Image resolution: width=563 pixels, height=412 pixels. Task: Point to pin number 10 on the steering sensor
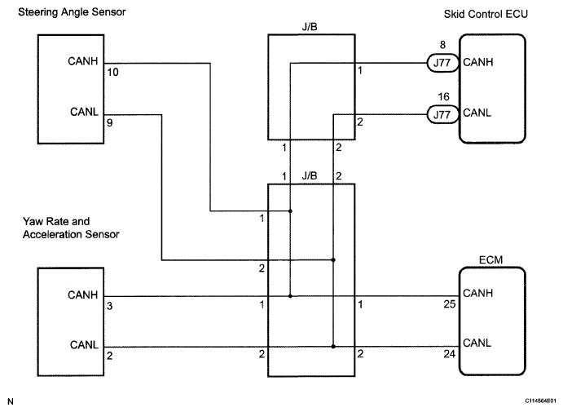112,73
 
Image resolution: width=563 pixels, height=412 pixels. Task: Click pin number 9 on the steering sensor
109,126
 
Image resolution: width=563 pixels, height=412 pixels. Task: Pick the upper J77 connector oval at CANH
441,62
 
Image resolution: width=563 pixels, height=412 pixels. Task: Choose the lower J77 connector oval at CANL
441,114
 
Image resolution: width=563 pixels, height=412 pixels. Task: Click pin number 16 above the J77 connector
443,97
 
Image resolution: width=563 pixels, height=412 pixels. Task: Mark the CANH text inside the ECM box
475,292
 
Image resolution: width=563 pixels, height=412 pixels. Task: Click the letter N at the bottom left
10,401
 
